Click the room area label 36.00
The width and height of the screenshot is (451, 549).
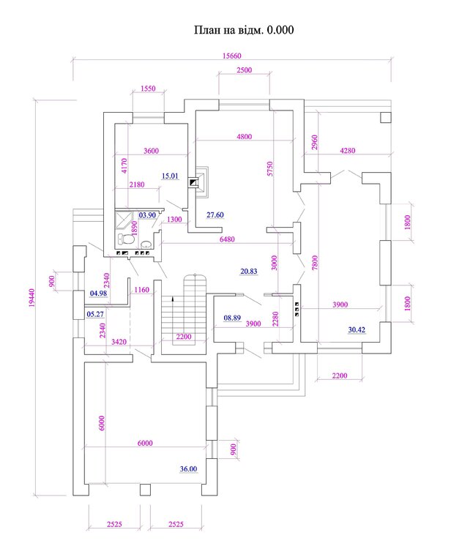(x=189, y=469)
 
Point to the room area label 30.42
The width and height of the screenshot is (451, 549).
(x=357, y=330)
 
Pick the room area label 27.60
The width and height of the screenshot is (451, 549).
(x=215, y=214)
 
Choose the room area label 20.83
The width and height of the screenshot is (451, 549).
(x=250, y=271)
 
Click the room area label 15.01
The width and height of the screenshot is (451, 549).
(x=170, y=176)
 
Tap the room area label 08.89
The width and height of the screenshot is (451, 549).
(x=232, y=318)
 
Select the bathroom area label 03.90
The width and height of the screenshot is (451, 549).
(x=147, y=215)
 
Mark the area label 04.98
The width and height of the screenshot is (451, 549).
(x=98, y=294)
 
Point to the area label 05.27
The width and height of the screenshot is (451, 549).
(x=95, y=315)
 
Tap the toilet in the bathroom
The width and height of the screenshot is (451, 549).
(x=130, y=239)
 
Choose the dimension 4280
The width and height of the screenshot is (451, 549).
(x=348, y=152)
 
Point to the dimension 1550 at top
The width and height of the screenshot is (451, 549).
(x=148, y=89)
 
